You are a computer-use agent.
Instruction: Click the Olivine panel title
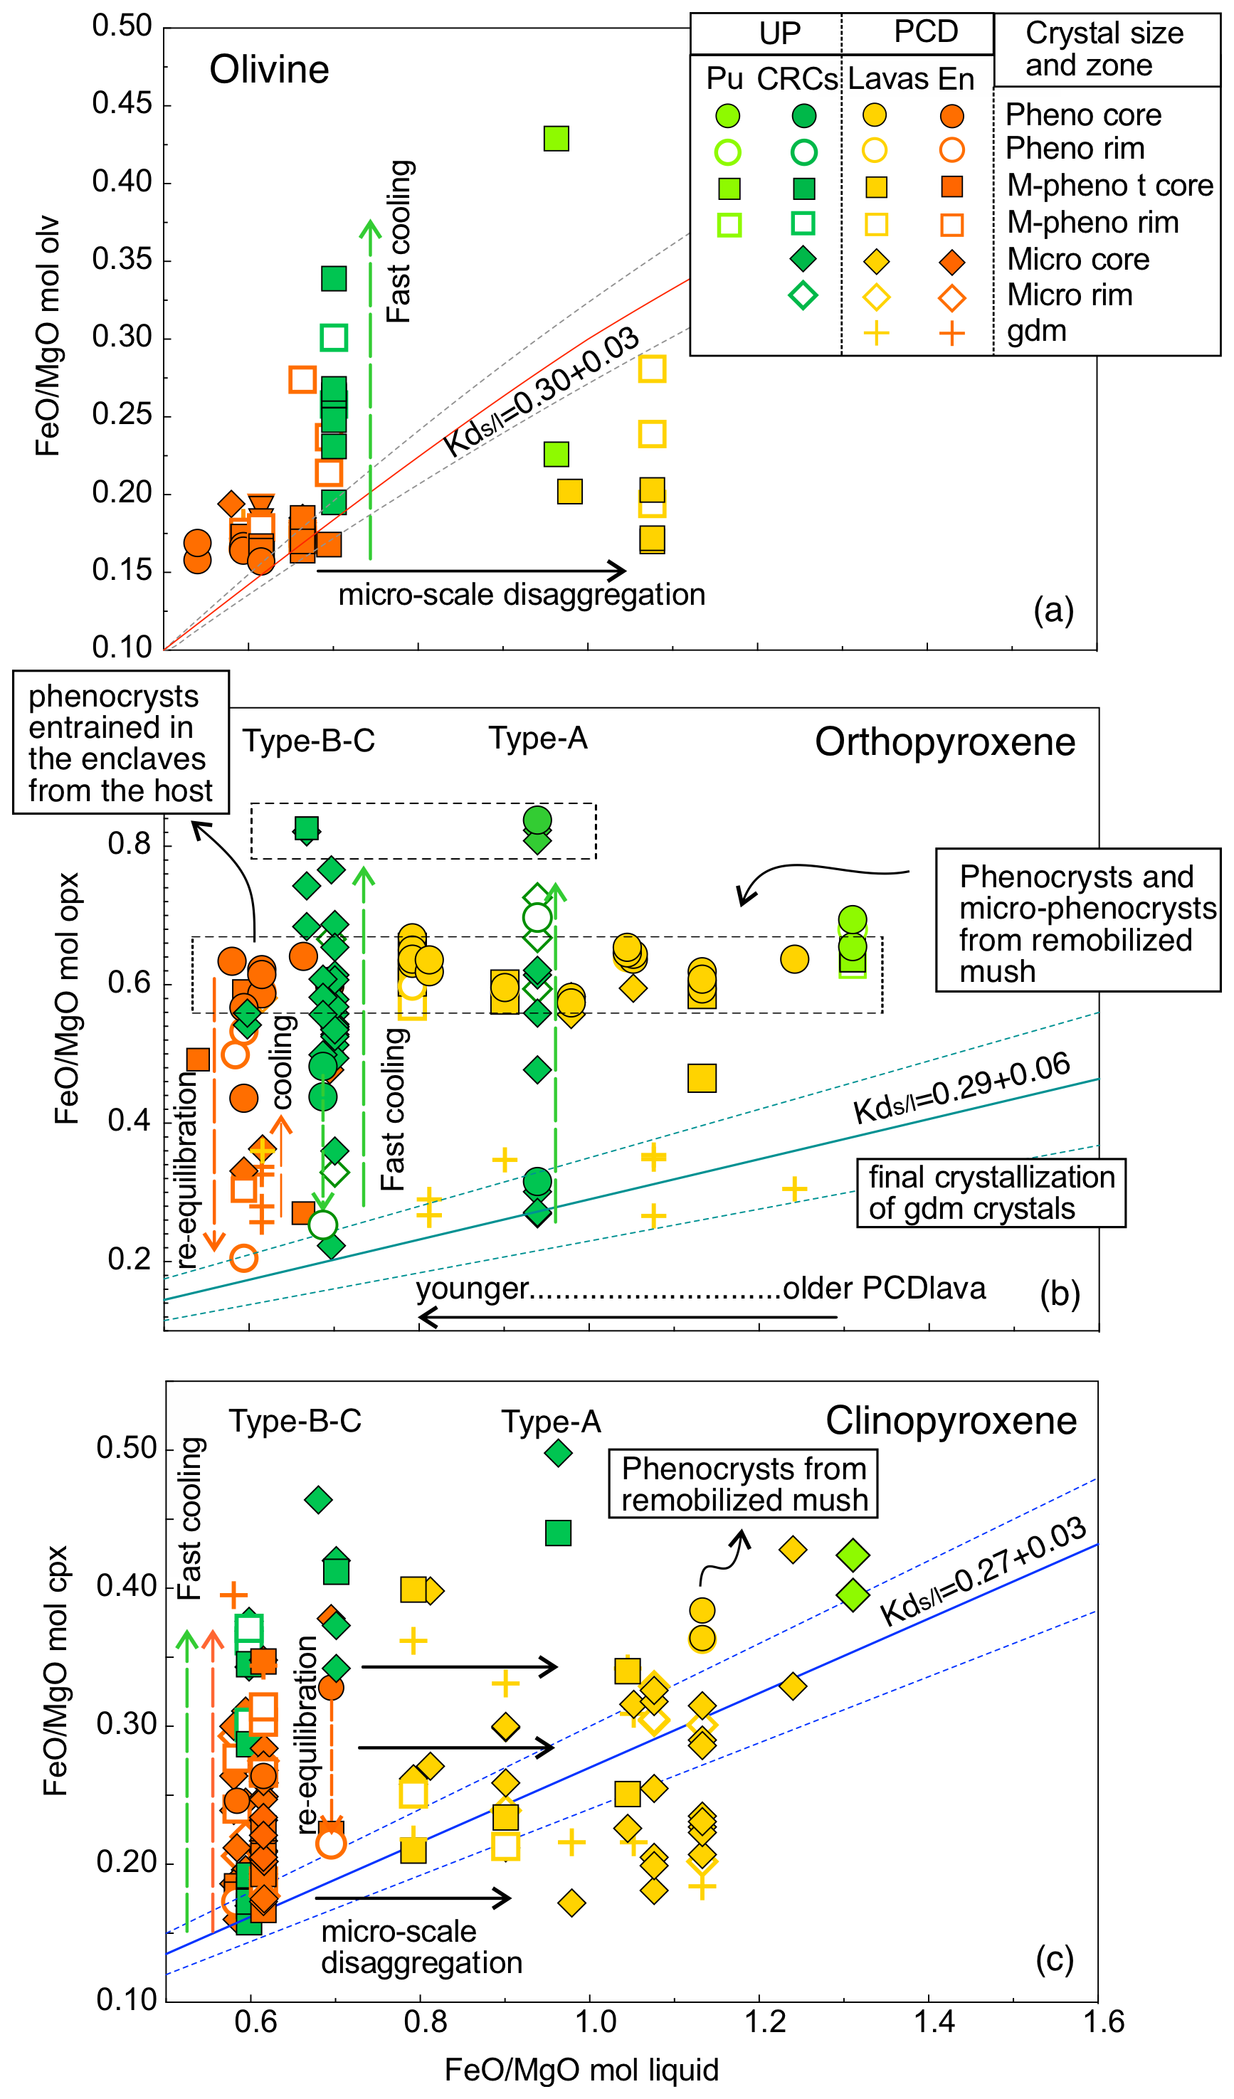[269, 70]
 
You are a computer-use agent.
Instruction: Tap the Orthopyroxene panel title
[945, 742]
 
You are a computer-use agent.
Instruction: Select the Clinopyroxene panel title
[951, 1421]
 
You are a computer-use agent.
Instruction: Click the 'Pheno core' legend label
[1083, 115]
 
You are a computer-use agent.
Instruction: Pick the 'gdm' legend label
[1037, 331]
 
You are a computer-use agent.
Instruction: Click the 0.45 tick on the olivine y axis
[122, 104]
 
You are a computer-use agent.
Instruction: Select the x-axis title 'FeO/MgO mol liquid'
[581, 2070]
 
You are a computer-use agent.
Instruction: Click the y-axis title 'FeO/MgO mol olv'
[48, 337]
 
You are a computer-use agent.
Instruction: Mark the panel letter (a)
[1053, 610]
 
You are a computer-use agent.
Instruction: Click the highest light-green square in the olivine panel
[556, 138]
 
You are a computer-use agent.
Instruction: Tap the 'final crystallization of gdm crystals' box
[991, 1193]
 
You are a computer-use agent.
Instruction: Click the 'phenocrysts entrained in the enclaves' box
[121, 743]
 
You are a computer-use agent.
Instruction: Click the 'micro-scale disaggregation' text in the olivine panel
[522, 595]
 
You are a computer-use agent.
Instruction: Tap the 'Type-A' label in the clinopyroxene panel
[551, 1422]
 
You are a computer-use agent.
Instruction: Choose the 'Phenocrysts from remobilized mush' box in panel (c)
[743, 1484]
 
